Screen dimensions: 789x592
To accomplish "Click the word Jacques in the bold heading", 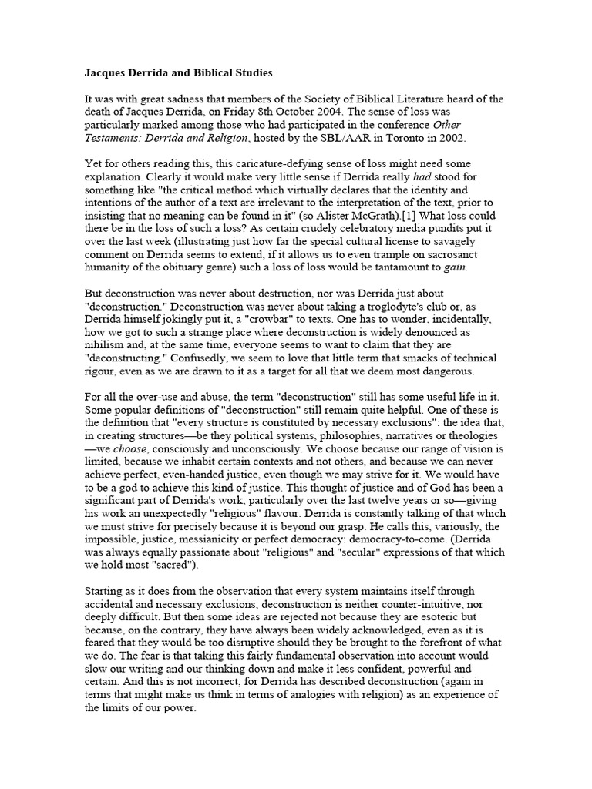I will click(x=104, y=73).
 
